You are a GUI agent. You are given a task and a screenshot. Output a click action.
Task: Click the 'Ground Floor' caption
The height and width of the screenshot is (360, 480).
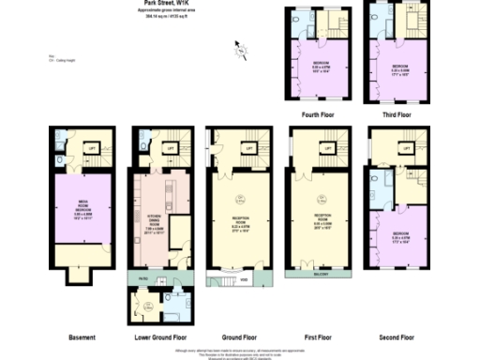click(239, 337)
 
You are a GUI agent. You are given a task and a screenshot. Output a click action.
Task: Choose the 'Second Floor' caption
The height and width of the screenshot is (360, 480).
click(397, 337)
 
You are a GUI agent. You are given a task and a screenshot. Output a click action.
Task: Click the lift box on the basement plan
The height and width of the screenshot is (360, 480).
click(92, 148)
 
